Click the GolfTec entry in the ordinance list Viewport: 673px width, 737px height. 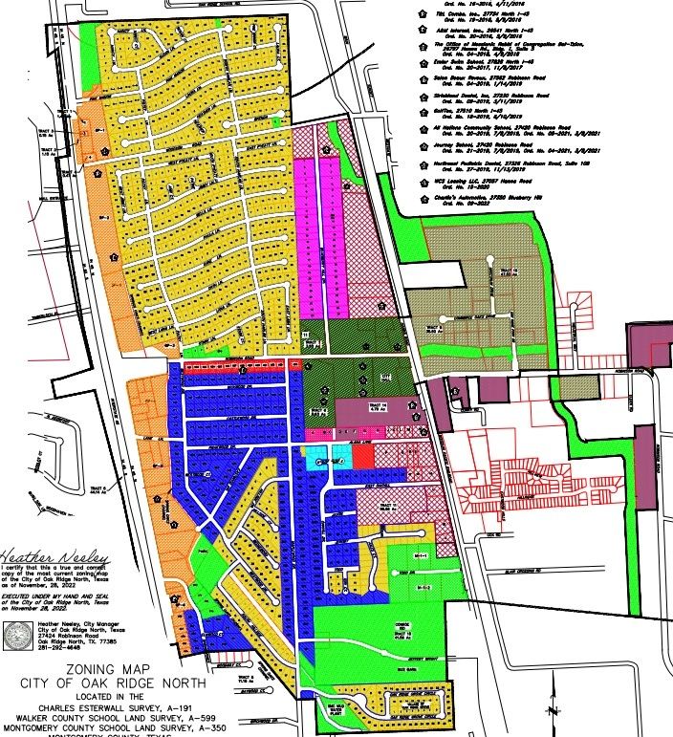pos(468,110)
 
